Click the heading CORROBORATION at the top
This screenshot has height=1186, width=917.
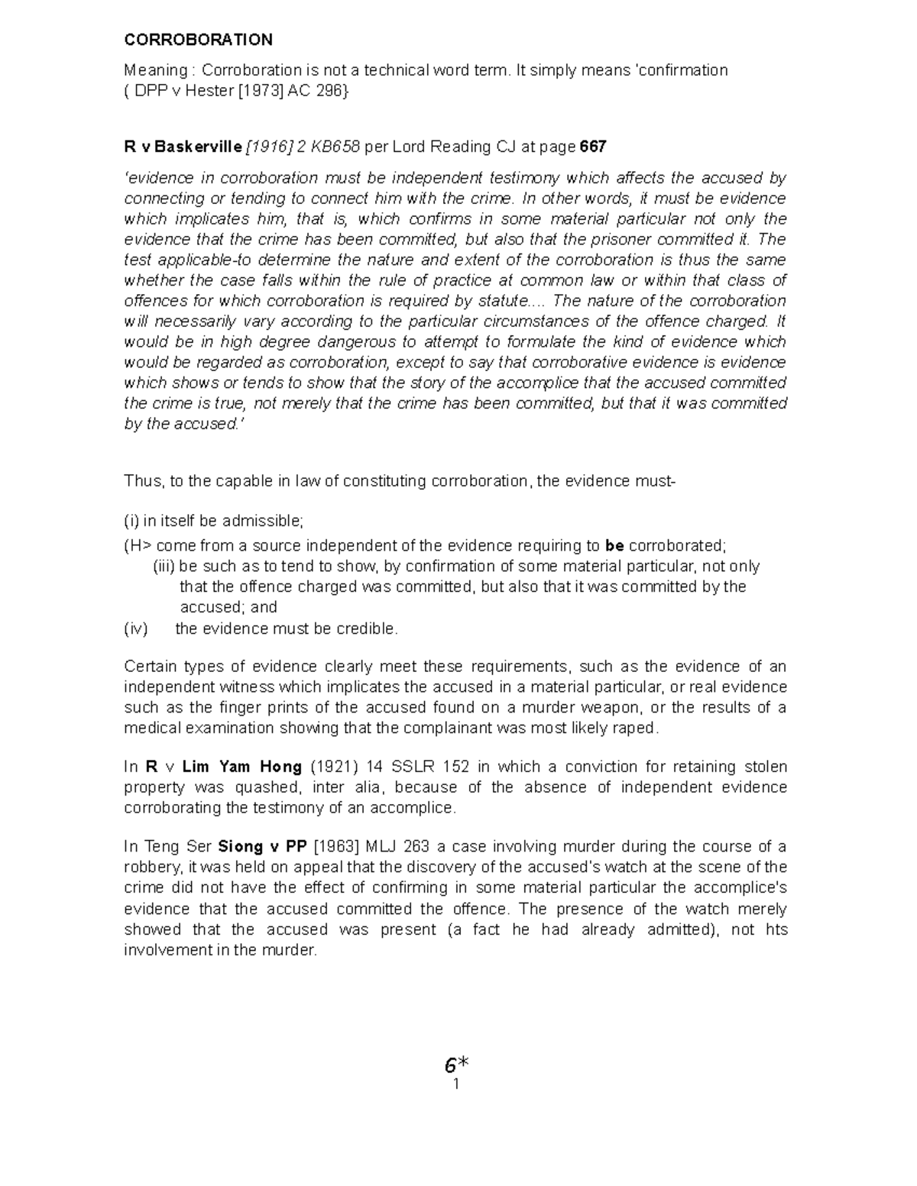tap(198, 40)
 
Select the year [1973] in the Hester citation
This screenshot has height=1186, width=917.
tap(262, 91)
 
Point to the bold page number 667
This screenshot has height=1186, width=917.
tap(594, 146)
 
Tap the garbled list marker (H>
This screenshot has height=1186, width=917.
tap(138, 546)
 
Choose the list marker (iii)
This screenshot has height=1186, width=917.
tap(164, 567)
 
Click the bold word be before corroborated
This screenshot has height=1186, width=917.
tap(614, 546)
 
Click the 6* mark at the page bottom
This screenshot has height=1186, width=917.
tap(456, 1065)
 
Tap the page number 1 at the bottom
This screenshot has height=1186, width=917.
tap(455, 1084)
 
